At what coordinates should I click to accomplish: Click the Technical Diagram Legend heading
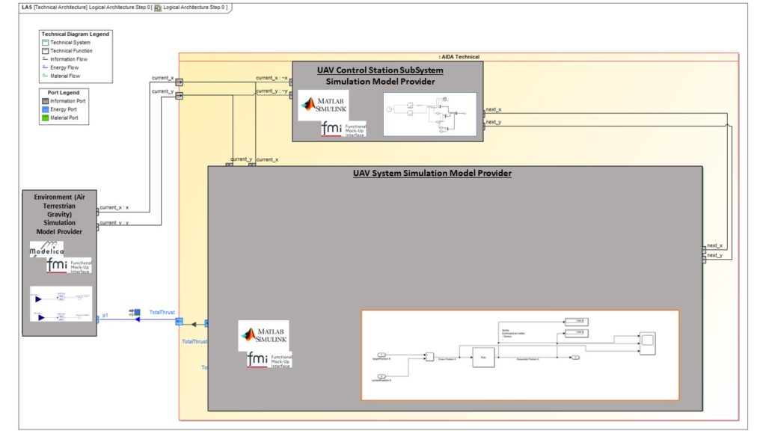76,34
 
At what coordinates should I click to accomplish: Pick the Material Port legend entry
64,117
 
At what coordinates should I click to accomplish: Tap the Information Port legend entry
67,101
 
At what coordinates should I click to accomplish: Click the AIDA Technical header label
459,57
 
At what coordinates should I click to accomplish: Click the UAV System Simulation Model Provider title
432,173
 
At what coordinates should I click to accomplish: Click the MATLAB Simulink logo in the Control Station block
323,106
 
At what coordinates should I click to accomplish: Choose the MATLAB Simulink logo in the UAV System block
263,335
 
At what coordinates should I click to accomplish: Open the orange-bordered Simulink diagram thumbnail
520,355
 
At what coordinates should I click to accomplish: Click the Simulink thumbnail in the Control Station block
429,114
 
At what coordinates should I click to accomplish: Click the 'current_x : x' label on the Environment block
114,207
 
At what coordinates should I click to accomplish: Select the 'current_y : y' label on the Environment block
114,222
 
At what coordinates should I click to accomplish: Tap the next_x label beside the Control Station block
494,109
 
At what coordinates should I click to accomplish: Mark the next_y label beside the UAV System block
714,255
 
